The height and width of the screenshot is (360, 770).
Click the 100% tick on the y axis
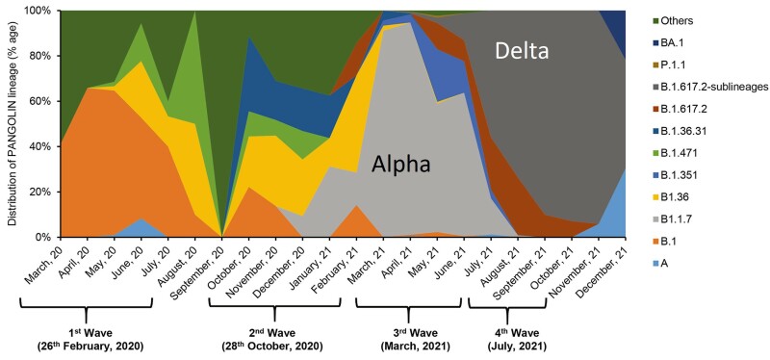[x=41, y=12]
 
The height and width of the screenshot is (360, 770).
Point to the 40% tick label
[x=44, y=146]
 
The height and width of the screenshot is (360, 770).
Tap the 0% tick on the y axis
[x=47, y=237]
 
